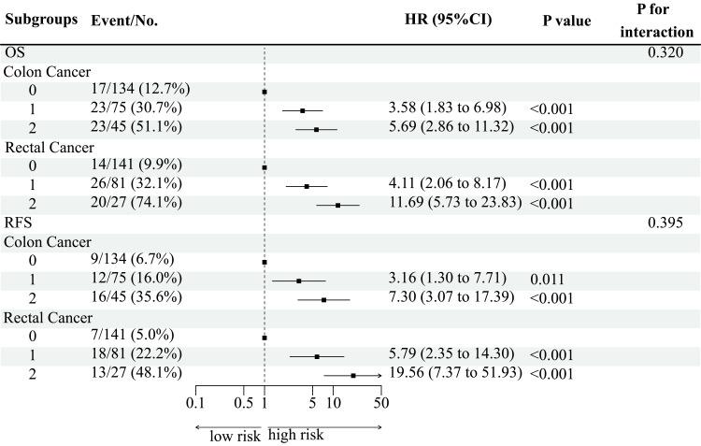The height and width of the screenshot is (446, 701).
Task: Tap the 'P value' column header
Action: [x=566, y=21]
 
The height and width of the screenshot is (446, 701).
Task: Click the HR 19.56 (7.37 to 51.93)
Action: [x=455, y=375]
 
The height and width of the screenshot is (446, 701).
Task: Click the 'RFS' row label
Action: [x=20, y=223]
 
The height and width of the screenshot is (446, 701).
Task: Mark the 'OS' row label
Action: [x=16, y=52]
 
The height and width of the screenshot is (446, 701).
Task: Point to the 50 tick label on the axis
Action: [x=380, y=403]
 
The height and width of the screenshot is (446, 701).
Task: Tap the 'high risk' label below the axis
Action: [x=296, y=435]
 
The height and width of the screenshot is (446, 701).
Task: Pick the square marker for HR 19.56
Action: [x=353, y=375]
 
